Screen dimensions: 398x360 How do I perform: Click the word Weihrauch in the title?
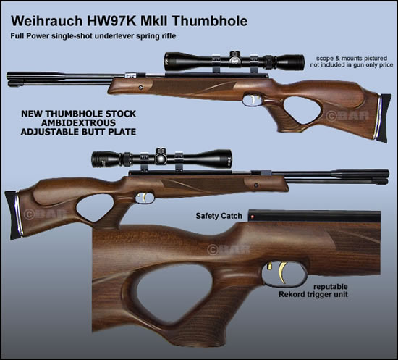(47, 21)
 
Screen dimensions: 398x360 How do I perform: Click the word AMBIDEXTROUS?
(78, 123)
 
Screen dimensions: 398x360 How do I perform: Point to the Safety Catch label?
(219, 216)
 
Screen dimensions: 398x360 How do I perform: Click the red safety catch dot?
(253, 217)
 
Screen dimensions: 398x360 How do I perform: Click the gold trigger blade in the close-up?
(283, 272)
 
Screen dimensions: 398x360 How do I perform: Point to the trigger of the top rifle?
(253, 99)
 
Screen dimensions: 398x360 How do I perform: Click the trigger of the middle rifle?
(144, 198)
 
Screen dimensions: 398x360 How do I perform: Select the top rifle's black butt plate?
(383, 118)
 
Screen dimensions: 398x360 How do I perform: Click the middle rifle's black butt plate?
(14, 215)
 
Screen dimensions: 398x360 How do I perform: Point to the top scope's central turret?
(234, 59)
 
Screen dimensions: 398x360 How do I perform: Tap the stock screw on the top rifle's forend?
(140, 88)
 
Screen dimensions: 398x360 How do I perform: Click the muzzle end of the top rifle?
(9, 79)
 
